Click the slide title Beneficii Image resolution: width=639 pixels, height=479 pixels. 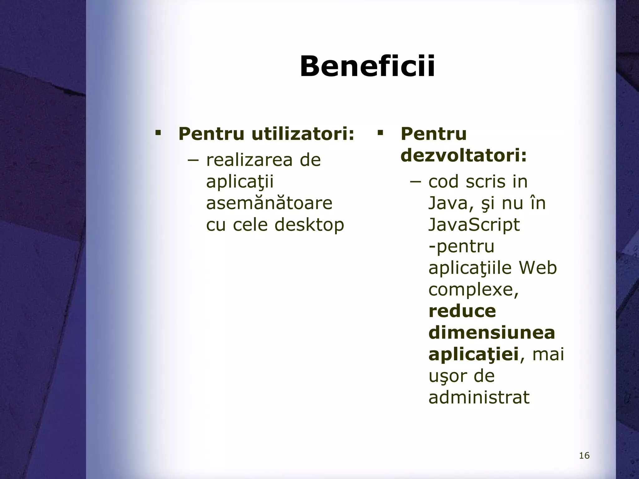pyautogui.click(x=367, y=66)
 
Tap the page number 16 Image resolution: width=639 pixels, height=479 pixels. pyautogui.click(x=584, y=456)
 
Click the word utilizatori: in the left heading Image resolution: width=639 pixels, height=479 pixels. pyautogui.click(x=303, y=134)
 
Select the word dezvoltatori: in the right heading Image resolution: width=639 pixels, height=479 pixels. pyautogui.click(x=464, y=155)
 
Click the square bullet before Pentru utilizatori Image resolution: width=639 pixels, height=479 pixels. pyautogui.click(x=158, y=133)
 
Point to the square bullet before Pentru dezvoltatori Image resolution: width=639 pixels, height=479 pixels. pyautogui.click(x=380, y=133)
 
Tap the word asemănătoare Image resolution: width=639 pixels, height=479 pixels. pyautogui.click(x=269, y=203)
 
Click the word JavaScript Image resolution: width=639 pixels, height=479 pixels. pyautogui.click(x=474, y=225)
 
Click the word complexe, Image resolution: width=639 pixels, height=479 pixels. pyautogui.click(x=473, y=289)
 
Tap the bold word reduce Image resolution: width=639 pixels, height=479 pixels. pyautogui.click(x=462, y=311)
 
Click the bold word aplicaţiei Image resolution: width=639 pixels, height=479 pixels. pyautogui.click(x=473, y=354)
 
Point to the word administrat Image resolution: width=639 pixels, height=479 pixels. pyautogui.click(x=479, y=397)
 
